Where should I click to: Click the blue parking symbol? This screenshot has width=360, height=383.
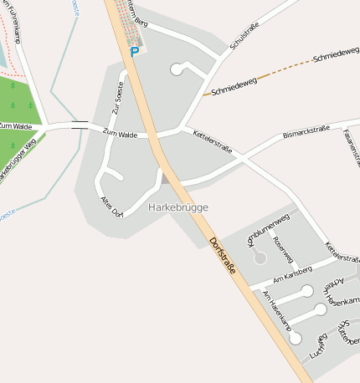[x=134, y=52]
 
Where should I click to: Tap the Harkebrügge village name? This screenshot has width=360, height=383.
[x=177, y=207]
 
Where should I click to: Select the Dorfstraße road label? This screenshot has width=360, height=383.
[x=224, y=256]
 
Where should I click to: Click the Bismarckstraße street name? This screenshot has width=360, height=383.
[x=308, y=133]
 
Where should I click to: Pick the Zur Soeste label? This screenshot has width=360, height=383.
[x=119, y=97]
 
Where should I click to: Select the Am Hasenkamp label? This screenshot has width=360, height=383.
[x=276, y=309]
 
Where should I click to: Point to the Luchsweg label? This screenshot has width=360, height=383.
[x=317, y=347]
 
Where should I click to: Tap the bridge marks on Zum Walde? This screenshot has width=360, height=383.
[x=80, y=125]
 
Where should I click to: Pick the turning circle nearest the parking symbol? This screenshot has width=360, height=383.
[x=176, y=69]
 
